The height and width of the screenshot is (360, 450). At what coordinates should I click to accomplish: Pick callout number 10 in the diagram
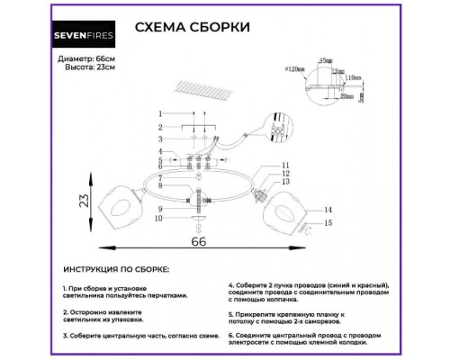pyautogui.click(x=158, y=219)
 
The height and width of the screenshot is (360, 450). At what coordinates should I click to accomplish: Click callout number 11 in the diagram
pyautogui.click(x=285, y=165)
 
